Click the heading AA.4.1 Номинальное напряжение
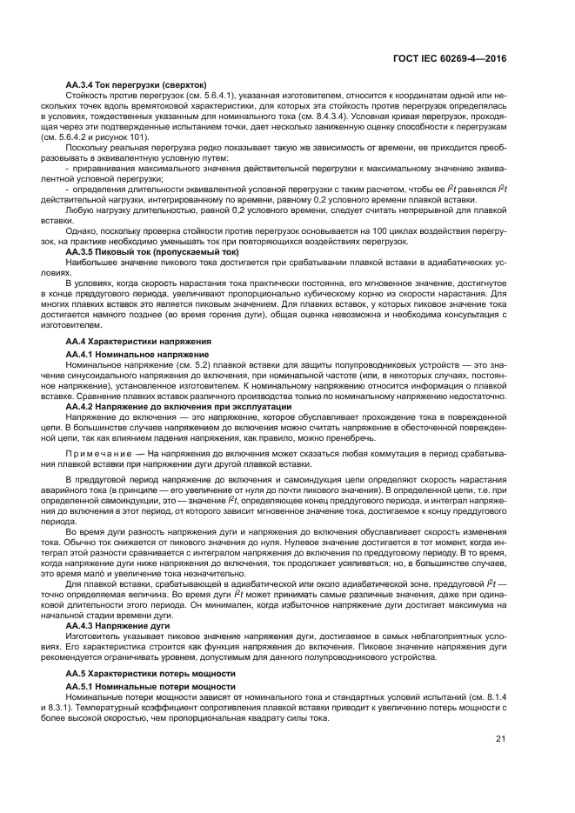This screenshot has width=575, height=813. click(137, 355)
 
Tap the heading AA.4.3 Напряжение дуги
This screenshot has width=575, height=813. click(119, 625)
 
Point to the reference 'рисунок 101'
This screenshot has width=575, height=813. click(125, 137)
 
